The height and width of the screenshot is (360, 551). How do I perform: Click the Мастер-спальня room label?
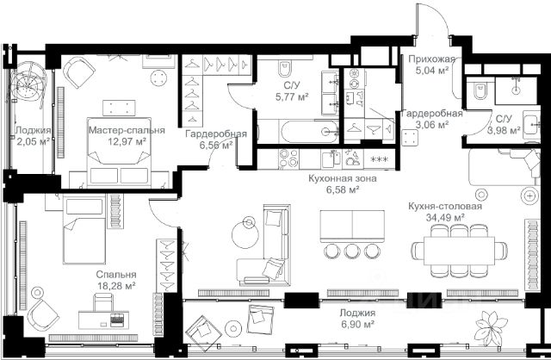127,130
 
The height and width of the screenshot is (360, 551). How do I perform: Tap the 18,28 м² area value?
117,286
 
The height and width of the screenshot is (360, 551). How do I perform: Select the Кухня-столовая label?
445,206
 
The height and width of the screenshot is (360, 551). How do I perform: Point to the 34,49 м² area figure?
445,218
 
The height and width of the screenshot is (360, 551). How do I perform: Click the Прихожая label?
432,59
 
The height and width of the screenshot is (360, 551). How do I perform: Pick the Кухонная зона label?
343,178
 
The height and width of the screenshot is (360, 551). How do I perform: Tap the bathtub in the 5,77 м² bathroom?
299,132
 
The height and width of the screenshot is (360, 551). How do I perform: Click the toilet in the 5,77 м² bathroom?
284,69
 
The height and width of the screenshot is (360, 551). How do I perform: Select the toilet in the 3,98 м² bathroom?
480,90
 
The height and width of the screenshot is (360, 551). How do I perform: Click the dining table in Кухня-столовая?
459,251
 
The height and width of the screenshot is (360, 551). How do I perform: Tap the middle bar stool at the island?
352,251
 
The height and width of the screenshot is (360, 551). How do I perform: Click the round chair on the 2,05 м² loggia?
28,84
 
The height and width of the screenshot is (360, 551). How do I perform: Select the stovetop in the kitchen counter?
288,159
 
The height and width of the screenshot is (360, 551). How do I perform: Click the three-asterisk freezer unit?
380,159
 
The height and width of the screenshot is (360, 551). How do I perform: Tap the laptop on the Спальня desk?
117,318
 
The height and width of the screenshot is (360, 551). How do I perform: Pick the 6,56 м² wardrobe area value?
216,146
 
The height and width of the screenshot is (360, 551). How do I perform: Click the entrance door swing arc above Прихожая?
438,14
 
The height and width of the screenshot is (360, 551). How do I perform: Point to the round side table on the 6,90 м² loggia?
233,328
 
